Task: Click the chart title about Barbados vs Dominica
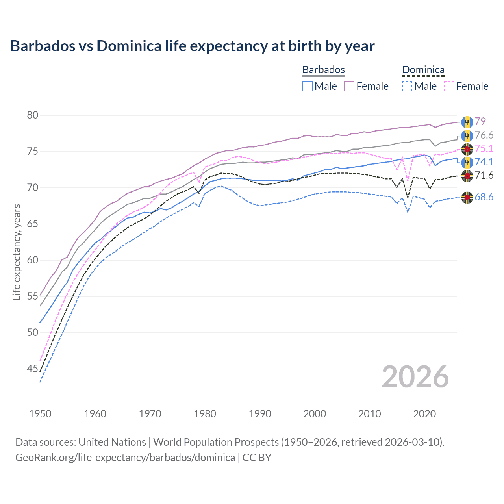point(192,46)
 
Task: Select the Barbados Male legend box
point(308,86)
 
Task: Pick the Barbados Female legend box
point(349,86)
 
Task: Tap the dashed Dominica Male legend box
point(407,86)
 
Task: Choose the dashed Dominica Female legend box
point(449,86)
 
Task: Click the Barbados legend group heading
point(323,70)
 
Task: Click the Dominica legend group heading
point(423,70)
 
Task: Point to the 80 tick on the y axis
point(33,115)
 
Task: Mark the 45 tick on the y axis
point(33,369)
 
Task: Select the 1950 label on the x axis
point(40,414)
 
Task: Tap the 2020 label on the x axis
point(424,414)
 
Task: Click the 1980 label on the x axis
point(205,414)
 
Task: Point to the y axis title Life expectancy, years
point(17,252)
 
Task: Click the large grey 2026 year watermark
point(415,377)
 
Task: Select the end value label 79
point(480,121)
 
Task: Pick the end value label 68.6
point(484,197)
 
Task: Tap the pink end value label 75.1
point(484,148)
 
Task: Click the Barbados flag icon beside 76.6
point(467,136)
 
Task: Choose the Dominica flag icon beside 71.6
point(467,176)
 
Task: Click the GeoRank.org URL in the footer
point(125,458)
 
